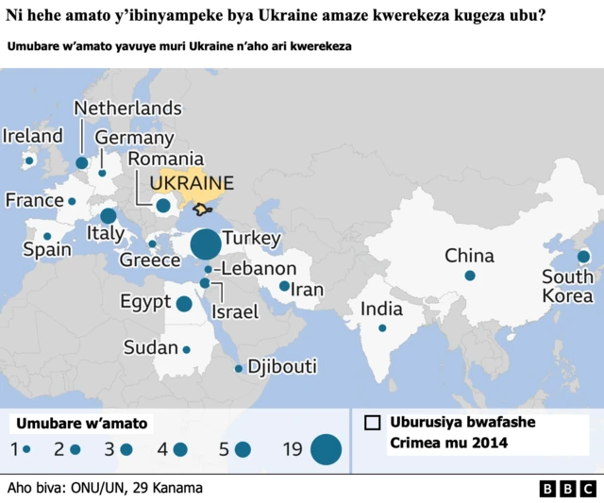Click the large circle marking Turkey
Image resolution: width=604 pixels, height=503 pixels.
point(205,244)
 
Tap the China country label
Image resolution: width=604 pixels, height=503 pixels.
point(469,255)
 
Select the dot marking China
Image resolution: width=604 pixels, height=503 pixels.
point(469,276)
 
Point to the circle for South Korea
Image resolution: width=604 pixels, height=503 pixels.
point(583,256)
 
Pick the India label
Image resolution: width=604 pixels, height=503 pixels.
point(381,309)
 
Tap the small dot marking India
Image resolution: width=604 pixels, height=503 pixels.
point(382,328)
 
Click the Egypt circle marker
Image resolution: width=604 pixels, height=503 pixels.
point(184,303)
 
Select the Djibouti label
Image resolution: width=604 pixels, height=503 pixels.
point(281,367)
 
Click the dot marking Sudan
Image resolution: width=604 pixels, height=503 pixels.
point(186,349)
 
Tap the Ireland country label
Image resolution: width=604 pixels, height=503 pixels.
point(33,136)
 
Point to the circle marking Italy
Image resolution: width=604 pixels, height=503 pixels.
point(109,216)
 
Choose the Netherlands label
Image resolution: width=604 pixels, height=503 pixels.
point(127,108)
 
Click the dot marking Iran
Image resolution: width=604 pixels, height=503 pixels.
point(284,286)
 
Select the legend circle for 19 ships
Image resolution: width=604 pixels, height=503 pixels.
point(326,450)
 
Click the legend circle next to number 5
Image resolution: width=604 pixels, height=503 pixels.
point(243,450)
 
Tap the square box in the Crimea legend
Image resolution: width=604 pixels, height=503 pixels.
point(373,423)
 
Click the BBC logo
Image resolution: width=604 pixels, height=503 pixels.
point(567,489)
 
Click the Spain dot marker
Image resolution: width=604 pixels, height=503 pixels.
point(47,236)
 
